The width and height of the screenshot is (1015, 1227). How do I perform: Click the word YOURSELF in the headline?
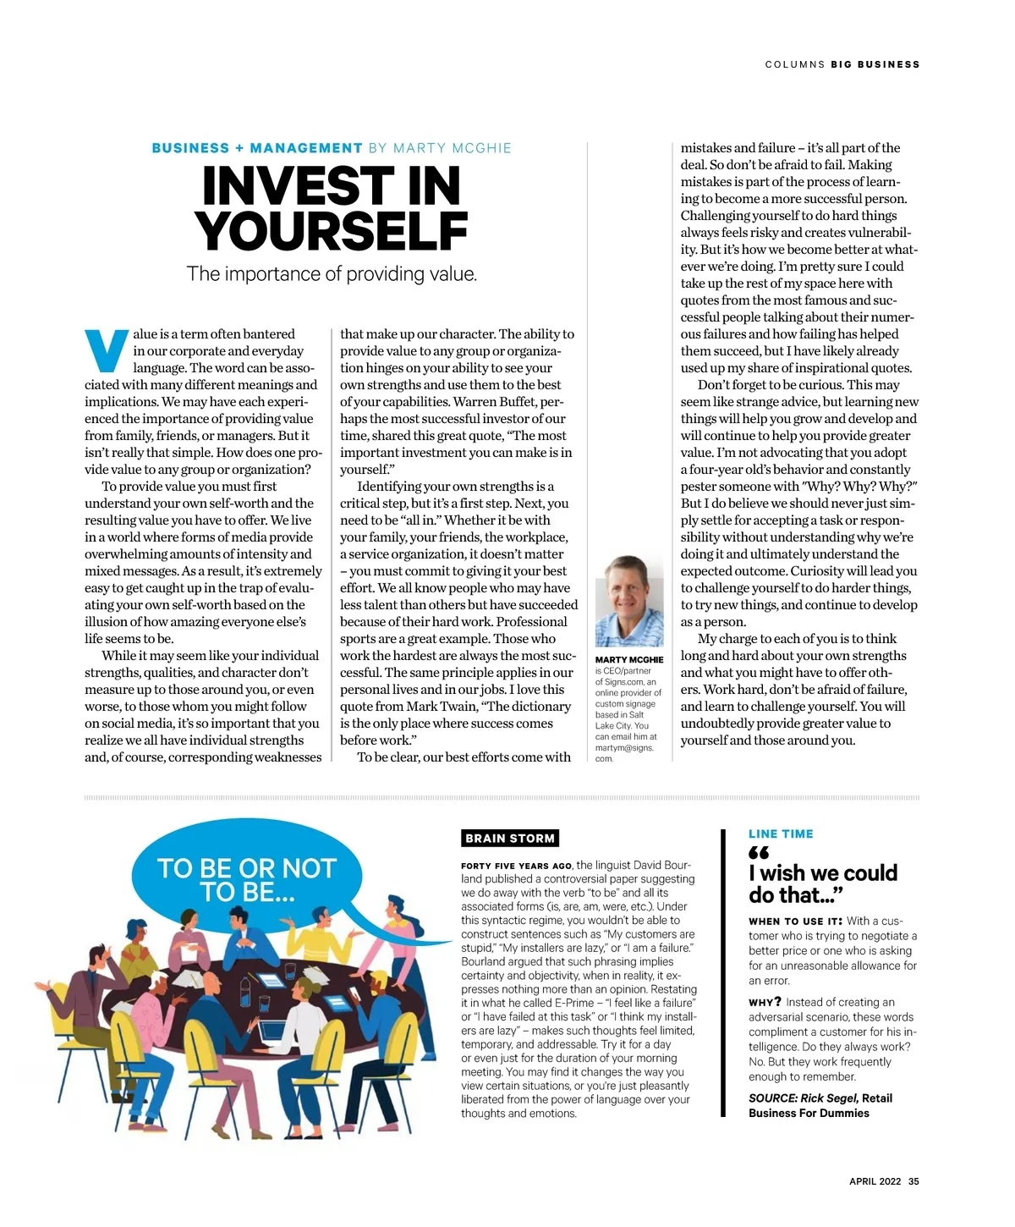[x=331, y=231]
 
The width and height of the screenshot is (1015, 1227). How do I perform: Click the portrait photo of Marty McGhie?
[x=628, y=602]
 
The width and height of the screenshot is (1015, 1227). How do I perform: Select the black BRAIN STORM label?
[x=510, y=839]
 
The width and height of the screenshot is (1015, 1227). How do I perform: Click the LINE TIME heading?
[x=781, y=834]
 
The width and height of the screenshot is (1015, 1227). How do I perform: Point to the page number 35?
[x=913, y=1182]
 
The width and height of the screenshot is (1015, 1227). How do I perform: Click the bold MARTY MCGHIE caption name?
[x=628, y=660]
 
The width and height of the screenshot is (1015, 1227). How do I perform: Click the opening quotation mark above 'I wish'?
[x=759, y=853]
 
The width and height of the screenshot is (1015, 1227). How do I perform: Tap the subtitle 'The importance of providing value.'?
[x=332, y=274]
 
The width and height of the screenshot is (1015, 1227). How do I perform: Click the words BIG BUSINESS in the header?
[x=875, y=64]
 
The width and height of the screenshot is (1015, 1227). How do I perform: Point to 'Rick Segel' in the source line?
[x=829, y=1098]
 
